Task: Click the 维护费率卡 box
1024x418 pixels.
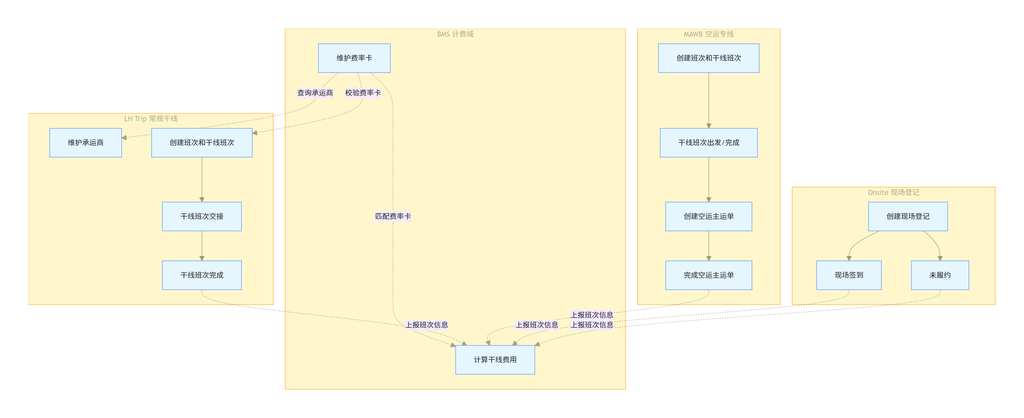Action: pos(354,58)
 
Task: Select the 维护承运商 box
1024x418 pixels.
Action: pos(85,143)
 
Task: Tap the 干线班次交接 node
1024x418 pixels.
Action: pos(202,216)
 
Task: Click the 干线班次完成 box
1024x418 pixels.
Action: pos(202,275)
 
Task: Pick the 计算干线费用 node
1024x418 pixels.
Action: pos(495,360)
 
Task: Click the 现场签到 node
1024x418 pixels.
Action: pos(849,275)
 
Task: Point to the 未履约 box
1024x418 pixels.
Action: pos(940,275)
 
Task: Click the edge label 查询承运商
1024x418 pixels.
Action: pos(315,93)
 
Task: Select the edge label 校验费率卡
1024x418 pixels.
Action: pos(363,93)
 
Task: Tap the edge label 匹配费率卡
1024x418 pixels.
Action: pos(393,216)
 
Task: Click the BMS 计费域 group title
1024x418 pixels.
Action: pos(455,34)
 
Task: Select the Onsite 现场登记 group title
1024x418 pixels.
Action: pos(893,193)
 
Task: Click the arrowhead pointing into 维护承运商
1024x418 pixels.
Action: pos(124,138)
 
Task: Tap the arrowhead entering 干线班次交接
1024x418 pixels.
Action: pos(202,200)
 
